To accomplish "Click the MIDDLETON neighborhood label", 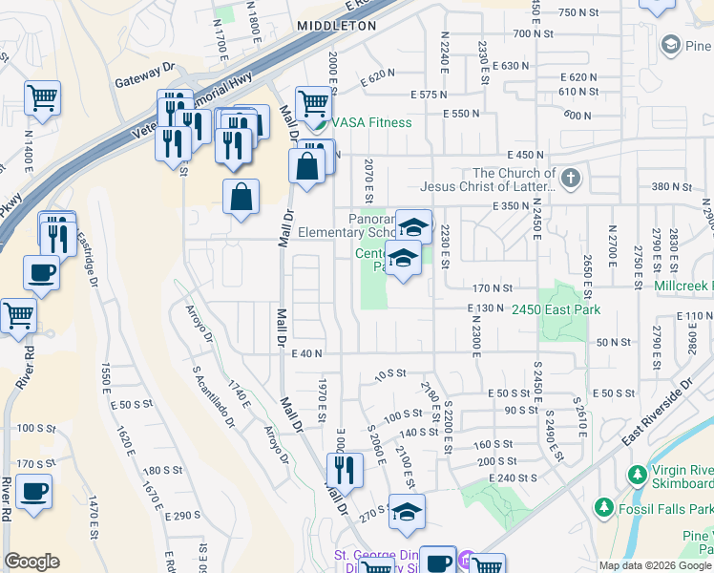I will click(x=336, y=26).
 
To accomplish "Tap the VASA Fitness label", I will click(x=371, y=122).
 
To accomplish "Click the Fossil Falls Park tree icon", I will click(x=601, y=505).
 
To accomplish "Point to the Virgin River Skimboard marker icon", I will click(x=637, y=474).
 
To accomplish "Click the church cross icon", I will click(x=570, y=178).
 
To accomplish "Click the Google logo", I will click(x=31, y=562).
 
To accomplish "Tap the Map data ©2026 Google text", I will click(x=654, y=565).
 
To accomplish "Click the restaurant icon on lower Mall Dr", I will click(x=344, y=469).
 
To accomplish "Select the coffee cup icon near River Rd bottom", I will click(x=34, y=491).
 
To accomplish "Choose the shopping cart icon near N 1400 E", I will click(x=42, y=95).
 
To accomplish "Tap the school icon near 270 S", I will click(x=407, y=512).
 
